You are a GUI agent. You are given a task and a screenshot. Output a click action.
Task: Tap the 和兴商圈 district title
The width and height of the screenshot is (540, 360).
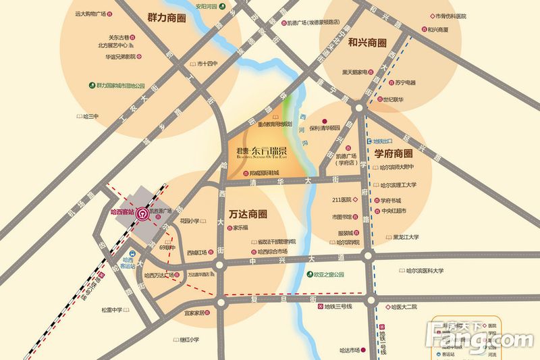[367, 42]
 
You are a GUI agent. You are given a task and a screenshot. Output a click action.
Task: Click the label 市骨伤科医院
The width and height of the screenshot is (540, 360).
[451, 16]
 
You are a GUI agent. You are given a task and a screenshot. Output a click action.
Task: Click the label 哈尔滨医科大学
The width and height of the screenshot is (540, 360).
[425, 271]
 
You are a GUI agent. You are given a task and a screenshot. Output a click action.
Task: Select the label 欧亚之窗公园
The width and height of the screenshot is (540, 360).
[329, 275]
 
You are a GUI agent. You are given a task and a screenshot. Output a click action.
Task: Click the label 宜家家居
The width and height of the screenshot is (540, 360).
[198, 313]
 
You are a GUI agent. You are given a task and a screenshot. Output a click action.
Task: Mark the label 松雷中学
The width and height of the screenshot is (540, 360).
[111, 310]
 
